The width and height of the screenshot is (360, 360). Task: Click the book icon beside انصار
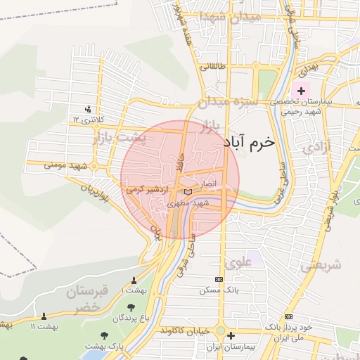(x=187, y=191)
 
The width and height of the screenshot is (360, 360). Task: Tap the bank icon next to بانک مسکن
(x=228, y=279)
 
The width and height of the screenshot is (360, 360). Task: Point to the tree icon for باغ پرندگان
(x=131, y=307)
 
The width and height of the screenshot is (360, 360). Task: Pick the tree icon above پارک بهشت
(x=105, y=335)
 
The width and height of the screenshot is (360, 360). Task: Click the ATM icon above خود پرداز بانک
(x=289, y=317)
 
